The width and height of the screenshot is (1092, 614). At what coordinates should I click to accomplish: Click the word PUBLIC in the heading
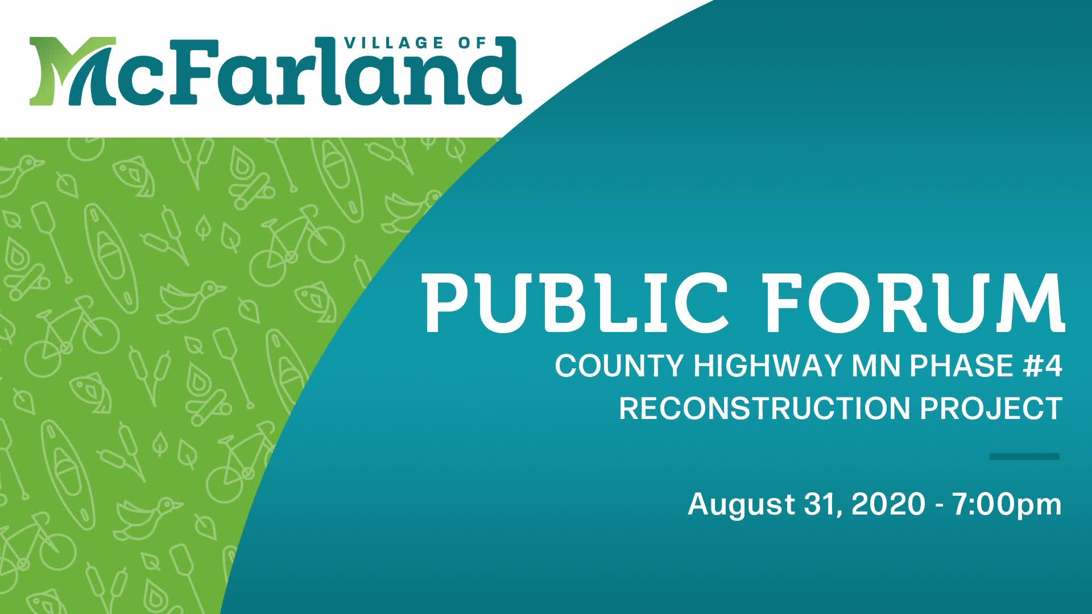tap(575, 303)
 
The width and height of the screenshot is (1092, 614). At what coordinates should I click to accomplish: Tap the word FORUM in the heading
tap(914, 303)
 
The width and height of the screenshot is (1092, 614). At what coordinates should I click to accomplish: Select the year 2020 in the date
tap(888, 504)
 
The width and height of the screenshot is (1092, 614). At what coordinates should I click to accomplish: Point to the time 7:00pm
tap(1007, 505)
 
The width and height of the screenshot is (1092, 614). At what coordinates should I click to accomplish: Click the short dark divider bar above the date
tap(1024, 457)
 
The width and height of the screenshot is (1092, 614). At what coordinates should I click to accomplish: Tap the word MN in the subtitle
tap(876, 366)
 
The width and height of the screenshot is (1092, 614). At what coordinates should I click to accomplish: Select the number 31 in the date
tap(822, 505)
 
